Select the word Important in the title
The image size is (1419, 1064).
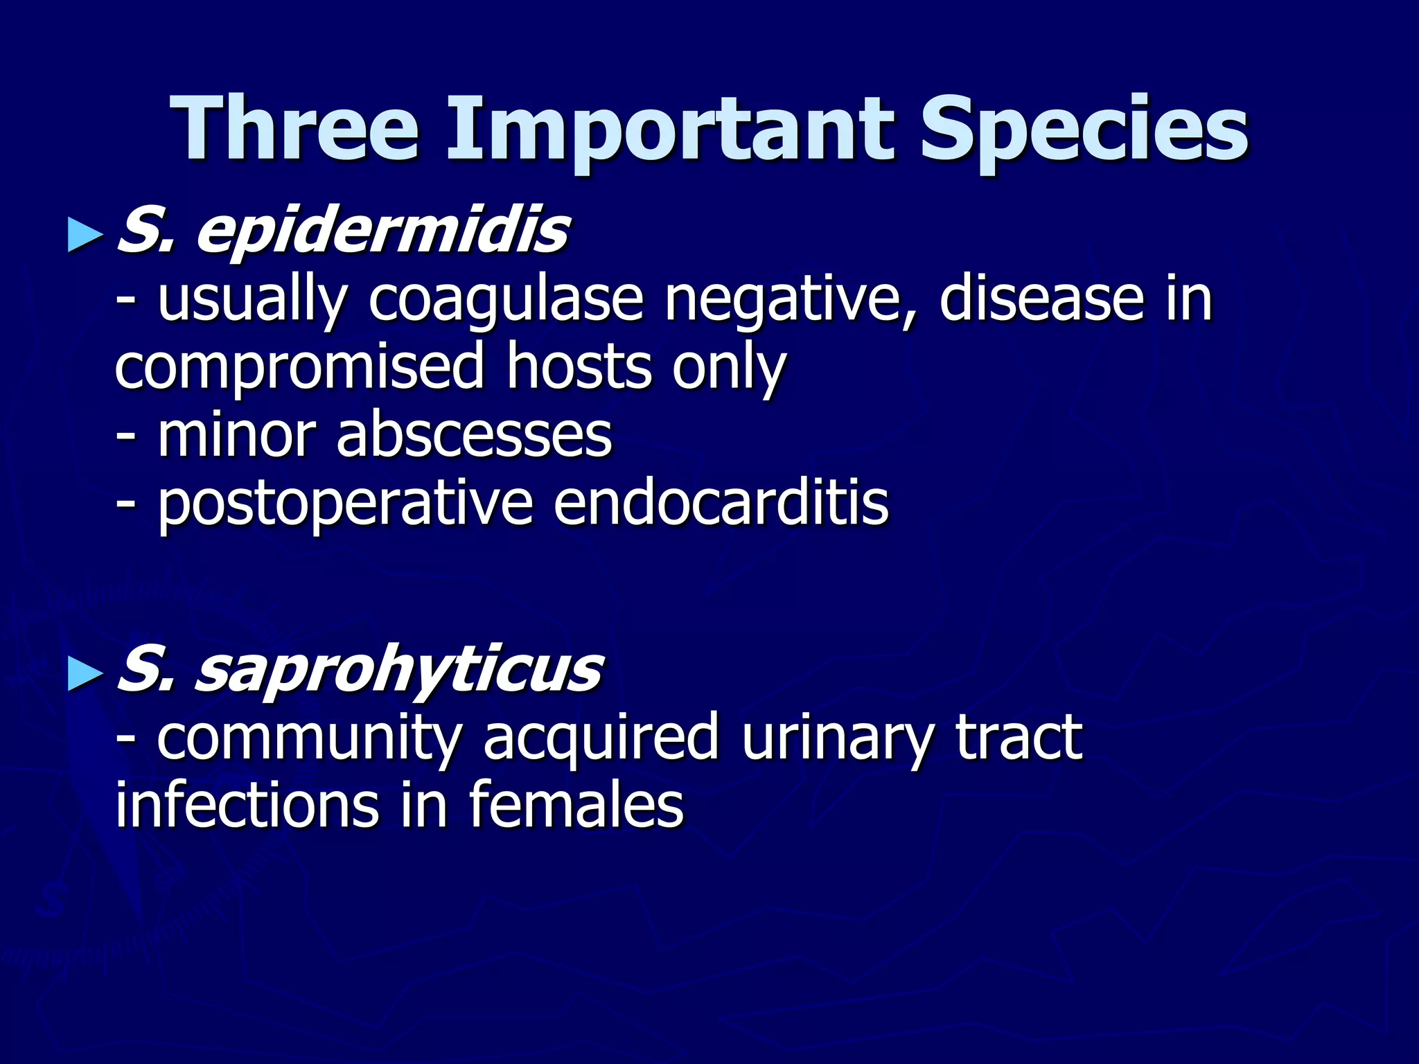[669, 132]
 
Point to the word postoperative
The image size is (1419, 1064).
[345, 506]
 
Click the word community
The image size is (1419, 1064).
[308, 738]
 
